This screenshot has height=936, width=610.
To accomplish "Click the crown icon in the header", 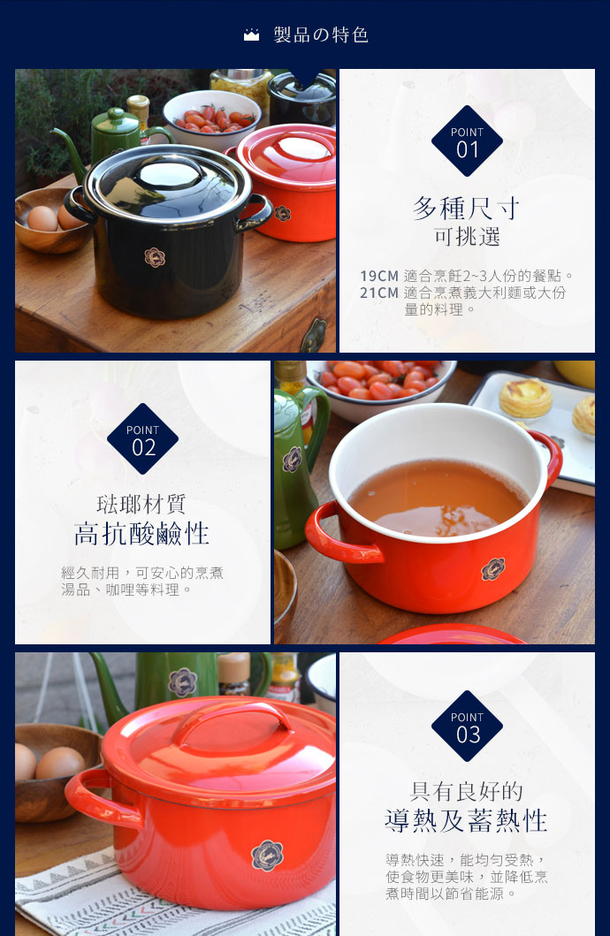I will (x=251, y=35).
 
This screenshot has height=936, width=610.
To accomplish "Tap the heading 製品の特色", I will (x=321, y=35).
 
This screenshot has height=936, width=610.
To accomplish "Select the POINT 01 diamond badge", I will (x=467, y=141).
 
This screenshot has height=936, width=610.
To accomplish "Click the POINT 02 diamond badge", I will (x=142, y=439).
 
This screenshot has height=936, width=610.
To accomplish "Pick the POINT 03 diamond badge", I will (x=467, y=727).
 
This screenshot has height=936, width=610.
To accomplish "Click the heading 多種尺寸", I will (x=467, y=209).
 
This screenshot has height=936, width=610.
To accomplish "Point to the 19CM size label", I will (x=379, y=276).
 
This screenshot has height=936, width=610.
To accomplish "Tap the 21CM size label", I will (x=379, y=293).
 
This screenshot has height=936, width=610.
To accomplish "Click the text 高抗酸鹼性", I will (x=142, y=534).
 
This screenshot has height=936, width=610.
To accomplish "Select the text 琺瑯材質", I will (x=142, y=504).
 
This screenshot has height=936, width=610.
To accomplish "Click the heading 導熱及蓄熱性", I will (x=467, y=821).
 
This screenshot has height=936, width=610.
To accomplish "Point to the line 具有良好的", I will (x=467, y=791).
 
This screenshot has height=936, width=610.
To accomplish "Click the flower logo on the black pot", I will (x=156, y=257).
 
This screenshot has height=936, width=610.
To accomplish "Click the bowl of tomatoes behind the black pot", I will (x=212, y=119).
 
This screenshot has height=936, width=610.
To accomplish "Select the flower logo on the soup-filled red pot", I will (x=492, y=569).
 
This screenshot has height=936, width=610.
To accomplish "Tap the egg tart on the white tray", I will (x=525, y=398).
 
